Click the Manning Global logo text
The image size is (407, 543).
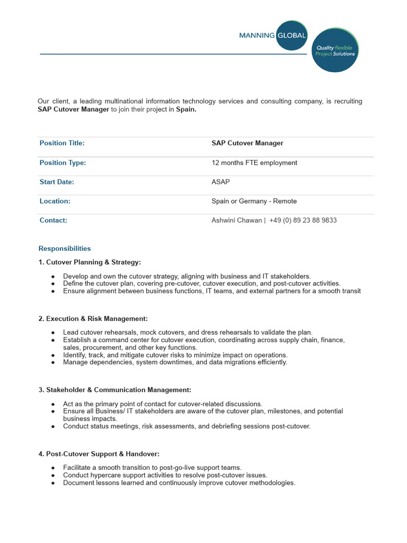tap(272, 36)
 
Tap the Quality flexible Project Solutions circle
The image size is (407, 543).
tap(335, 50)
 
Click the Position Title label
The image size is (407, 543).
tap(62, 143)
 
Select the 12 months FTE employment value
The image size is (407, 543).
tap(254, 163)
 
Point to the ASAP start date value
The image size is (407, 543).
tap(220, 182)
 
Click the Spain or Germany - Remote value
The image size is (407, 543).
tap(254, 201)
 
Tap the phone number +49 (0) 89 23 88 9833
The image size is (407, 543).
tap(303, 220)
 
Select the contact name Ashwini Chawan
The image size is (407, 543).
tap(236, 220)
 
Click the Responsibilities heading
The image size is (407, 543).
tap(65, 248)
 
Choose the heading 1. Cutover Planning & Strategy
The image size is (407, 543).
tap(90, 262)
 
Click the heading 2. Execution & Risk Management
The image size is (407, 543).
tap(93, 318)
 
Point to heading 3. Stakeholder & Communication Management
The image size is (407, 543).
tap(111, 390)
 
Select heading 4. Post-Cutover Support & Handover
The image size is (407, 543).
tap(99, 454)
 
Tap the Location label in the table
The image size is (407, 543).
tap(55, 201)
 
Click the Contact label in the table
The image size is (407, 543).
tap(54, 220)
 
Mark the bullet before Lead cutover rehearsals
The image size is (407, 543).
tap(53, 332)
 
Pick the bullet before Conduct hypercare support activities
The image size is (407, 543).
tap(53, 476)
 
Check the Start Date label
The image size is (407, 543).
tap(57, 182)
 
